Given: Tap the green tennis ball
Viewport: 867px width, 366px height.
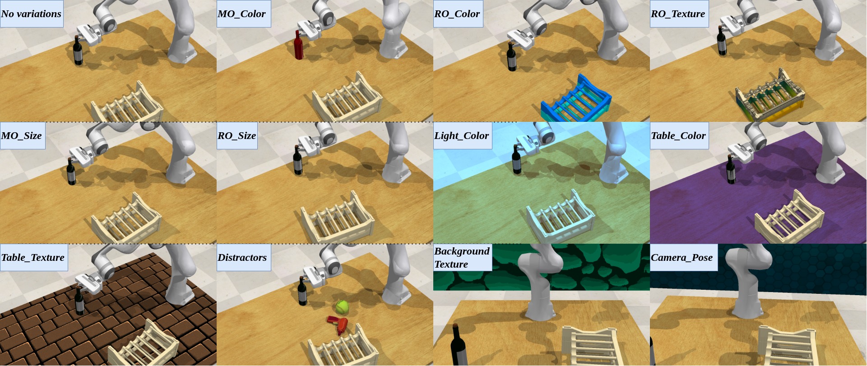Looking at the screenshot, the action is pyautogui.click(x=342, y=307).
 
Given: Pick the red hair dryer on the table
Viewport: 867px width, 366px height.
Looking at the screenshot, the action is pyautogui.click(x=338, y=324).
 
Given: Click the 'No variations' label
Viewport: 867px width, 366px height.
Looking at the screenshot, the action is pyautogui.click(x=32, y=14).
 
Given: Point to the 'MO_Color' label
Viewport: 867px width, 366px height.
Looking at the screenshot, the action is pyautogui.click(x=244, y=14).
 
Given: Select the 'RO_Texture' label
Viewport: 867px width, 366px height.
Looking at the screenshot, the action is pyautogui.click(x=679, y=14).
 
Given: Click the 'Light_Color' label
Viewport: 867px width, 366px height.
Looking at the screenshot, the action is pyautogui.click(x=463, y=135).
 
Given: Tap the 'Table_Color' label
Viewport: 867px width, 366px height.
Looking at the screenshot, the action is pyautogui.click(x=679, y=135).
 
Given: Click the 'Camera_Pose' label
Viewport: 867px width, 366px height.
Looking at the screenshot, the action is pyautogui.click(x=684, y=257).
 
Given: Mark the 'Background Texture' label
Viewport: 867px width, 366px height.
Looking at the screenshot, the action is pyautogui.click(x=463, y=257).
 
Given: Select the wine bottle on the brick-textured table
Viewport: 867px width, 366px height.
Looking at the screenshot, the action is pyautogui.click(x=79, y=300).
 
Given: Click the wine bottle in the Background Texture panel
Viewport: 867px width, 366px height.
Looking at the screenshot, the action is pyautogui.click(x=458, y=345).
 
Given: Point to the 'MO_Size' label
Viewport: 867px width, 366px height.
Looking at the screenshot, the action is pyautogui.click(x=23, y=135).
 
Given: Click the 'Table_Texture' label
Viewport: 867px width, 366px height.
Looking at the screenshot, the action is pyautogui.click(x=34, y=257).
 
